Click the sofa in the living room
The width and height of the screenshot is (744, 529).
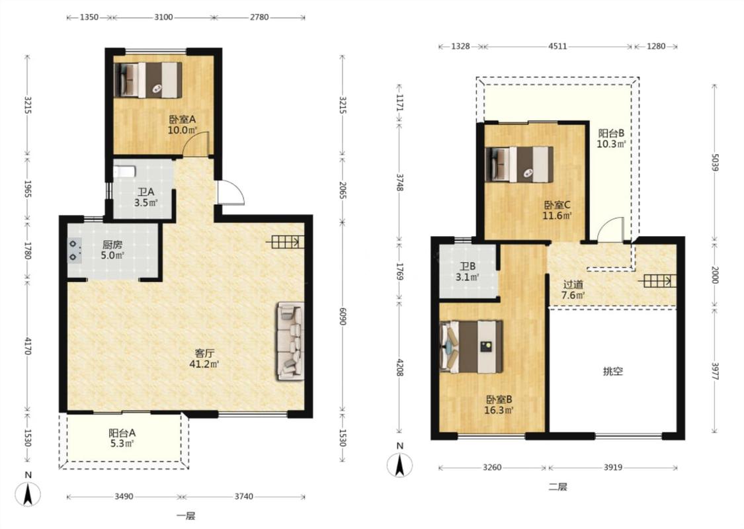(x=290, y=341)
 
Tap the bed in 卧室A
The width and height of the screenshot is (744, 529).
(x=148, y=80)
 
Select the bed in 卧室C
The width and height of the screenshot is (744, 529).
(x=520, y=164)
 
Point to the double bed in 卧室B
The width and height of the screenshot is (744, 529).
(x=472, y=346)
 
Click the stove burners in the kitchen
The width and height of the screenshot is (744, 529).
(x=74, y=251)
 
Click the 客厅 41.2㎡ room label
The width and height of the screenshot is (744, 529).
(x=204, y=358)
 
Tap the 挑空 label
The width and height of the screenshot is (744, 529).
(x=612, y=371)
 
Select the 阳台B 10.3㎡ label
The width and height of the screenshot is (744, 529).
(x=611, y=139)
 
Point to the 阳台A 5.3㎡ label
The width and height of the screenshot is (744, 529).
(x=122, y=438)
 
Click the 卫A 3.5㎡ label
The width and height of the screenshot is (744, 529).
(x=145, y=197)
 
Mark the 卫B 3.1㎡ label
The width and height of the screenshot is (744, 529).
(x=467, y=272)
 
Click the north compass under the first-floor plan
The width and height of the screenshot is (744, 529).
(x=28, y=491)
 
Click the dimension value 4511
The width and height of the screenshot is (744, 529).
(x=558, y=46)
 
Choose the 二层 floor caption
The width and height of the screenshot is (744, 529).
(x=558, y=486)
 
